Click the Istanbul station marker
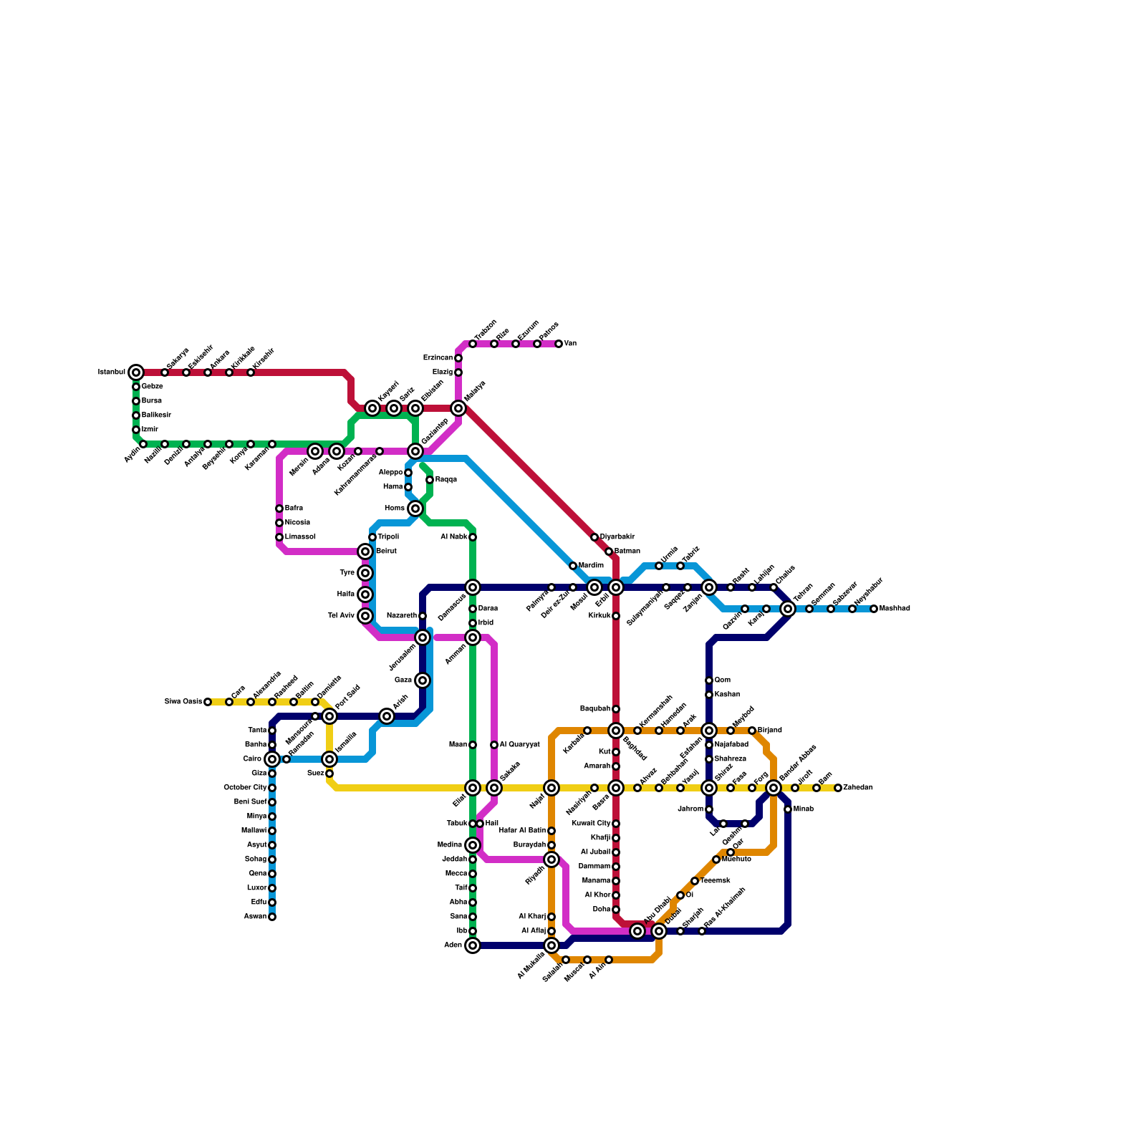click(x=136, y=372)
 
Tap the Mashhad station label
click(x=895, y=609)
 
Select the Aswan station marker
click(x=272, y=917)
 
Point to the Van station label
click(x=570, y=344)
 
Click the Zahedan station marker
click(x=838, y=788)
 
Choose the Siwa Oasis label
click(x=183, y=702)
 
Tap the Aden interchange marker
click(x=473, y=945)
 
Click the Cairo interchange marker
click(x=272, y=759)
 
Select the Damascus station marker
click(x=473, y=587)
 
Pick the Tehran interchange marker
click(x=788, y=609)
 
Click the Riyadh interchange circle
click(x=552, y=860)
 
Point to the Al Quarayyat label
click(x=519, y=745)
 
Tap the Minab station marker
click(x=788, y=809)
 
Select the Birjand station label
click(x=770, y=731)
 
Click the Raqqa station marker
click(x=430, y=480)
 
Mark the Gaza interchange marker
click(x=423, y=680)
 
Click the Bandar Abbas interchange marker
click(x=774, y=788)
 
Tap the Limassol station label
click(x=300, y=537)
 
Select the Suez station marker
click(x=329, y=774)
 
